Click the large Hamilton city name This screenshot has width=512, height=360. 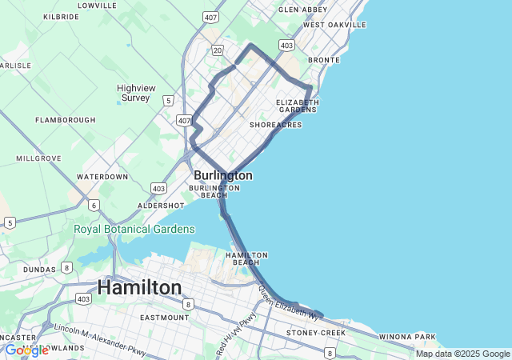139,287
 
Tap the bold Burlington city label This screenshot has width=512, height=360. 223,175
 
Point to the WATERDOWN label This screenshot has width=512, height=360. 102,177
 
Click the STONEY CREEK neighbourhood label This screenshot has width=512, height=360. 318,332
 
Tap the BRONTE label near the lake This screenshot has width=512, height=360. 324,60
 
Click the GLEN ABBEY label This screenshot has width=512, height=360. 303,10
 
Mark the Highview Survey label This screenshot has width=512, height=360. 135,93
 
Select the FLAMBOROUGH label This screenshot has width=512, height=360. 66,120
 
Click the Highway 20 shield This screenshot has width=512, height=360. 218,50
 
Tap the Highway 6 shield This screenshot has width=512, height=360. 94,206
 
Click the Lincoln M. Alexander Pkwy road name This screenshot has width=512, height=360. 101,339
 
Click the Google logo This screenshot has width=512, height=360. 26,350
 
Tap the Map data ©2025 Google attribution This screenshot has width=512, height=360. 462,354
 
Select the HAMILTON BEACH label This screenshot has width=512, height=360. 246,258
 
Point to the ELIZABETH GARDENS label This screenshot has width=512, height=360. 298,106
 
